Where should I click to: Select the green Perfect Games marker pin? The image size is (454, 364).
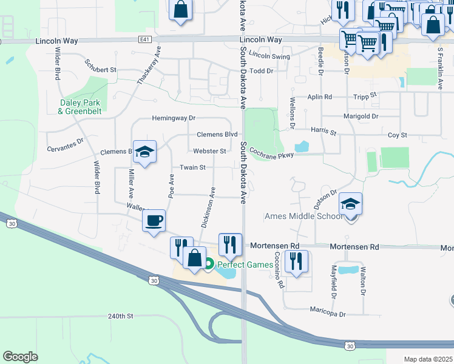(x=209, y=264)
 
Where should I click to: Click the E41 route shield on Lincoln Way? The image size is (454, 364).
(x=144, y=39)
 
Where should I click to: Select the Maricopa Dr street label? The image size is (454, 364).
(x=327, y=314)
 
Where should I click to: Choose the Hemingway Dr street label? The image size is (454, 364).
(x=174, y=118)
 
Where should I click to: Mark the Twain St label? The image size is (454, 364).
(x=192, y=167)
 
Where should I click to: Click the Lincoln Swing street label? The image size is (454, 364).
(x=269, y=56)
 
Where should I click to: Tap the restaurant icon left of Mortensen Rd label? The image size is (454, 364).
(x=230, y=244)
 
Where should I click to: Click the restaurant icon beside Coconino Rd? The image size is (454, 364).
(x=296, y=261)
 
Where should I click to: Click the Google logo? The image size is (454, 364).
(x=20, y=356)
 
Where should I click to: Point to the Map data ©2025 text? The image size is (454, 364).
(x=428, y=359)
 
